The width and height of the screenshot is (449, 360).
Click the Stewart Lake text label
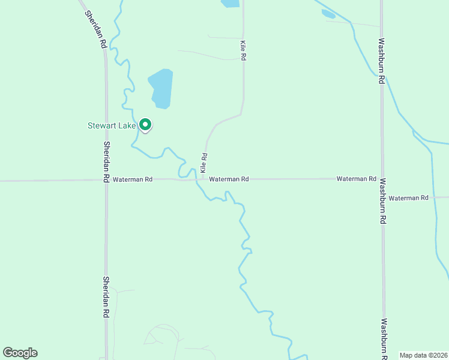coord(112,125)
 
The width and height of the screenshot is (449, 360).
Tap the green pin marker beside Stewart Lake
coord(145,124)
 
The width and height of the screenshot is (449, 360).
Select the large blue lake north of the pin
coord(161,88)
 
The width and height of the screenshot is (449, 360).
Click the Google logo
coord(20,353)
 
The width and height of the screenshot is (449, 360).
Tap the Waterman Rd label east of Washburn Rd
coord(408,198)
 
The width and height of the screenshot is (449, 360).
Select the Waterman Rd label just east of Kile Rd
coord(229,179)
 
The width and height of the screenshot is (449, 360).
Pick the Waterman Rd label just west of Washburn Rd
coord(356,179)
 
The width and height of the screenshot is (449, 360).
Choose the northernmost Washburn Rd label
coord(381,62)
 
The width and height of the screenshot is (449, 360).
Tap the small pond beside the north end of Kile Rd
coord(230,3)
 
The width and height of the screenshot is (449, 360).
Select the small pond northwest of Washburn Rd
coord(328,13)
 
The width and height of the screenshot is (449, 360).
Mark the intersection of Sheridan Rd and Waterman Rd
coord(106,179)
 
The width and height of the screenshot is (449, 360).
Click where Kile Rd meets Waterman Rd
coord(203,179)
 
